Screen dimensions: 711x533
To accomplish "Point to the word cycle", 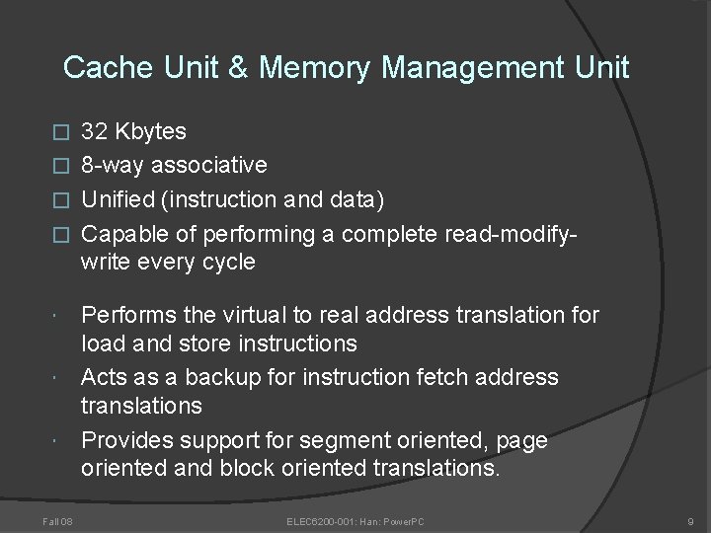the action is pyautogui.click(x=227, y=262).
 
